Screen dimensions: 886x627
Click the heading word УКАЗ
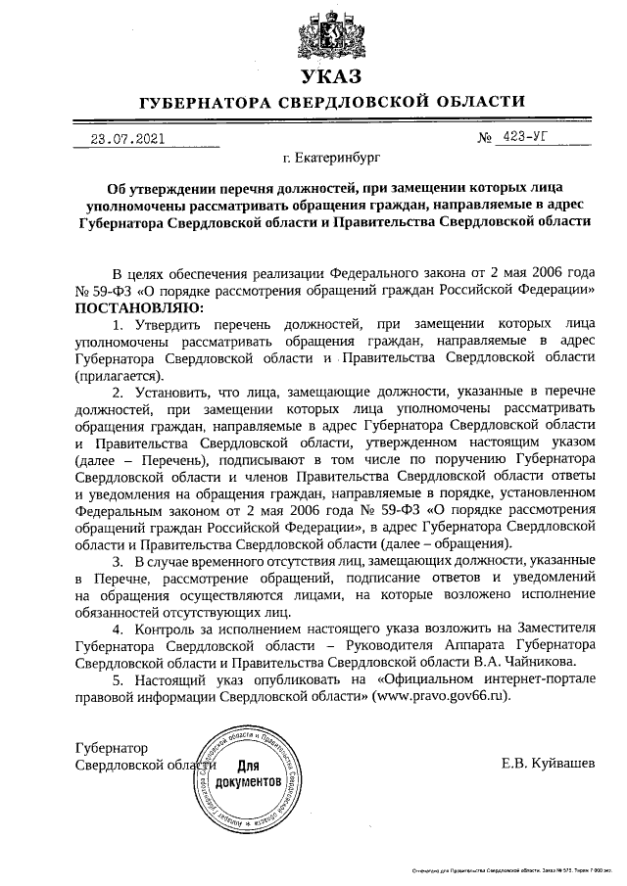331,76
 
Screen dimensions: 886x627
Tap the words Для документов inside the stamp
248,774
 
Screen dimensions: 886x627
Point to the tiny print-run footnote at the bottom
511,868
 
